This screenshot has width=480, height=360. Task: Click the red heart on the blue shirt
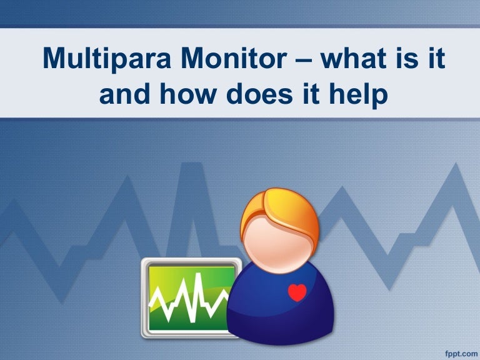click(297, 292)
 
